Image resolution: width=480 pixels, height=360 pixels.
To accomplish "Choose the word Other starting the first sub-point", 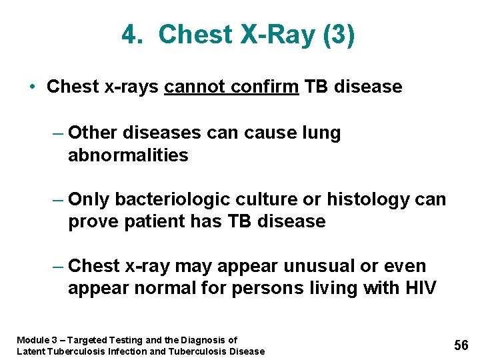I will click(91, 133).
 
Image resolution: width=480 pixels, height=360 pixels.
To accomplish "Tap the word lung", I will click(321, 133).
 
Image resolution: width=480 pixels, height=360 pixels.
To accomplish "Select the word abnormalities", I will click(128, 156).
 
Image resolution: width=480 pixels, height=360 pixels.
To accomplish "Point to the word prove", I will click(91, 222).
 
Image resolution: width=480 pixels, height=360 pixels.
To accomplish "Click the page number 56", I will click(461, 345).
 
